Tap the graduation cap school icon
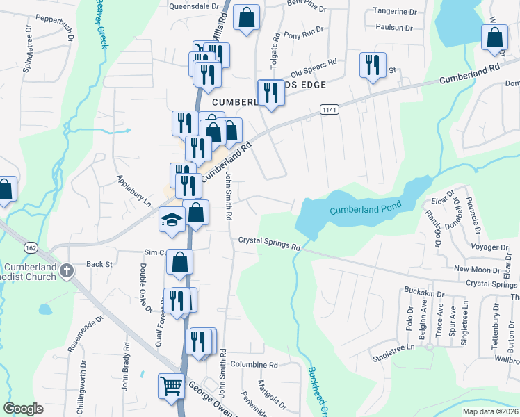172,220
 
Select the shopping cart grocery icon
171,384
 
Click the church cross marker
67,270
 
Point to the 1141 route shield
330,110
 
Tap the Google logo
23,409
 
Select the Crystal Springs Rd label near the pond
269,243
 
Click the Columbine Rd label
254,365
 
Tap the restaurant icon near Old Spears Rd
373,65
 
